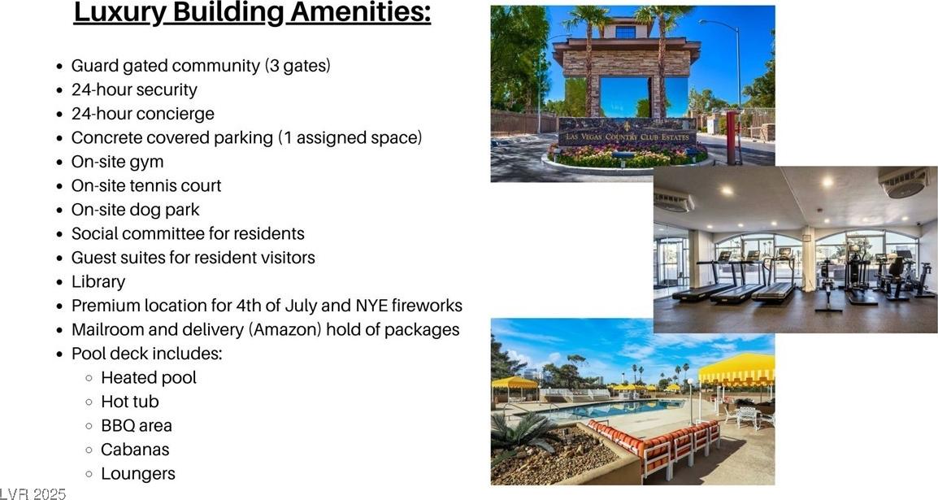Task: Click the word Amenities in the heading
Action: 360,12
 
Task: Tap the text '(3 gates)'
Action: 297,66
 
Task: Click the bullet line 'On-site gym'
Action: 117,162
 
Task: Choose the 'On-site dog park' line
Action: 135,210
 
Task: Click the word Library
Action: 98,281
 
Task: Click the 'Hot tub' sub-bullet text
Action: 130,402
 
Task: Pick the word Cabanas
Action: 135,449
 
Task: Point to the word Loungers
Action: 138,474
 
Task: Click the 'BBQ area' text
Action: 137,425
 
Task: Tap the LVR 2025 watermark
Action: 33,493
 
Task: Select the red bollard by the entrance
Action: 731,138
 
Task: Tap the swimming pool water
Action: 604,409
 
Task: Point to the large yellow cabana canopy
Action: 737,370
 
